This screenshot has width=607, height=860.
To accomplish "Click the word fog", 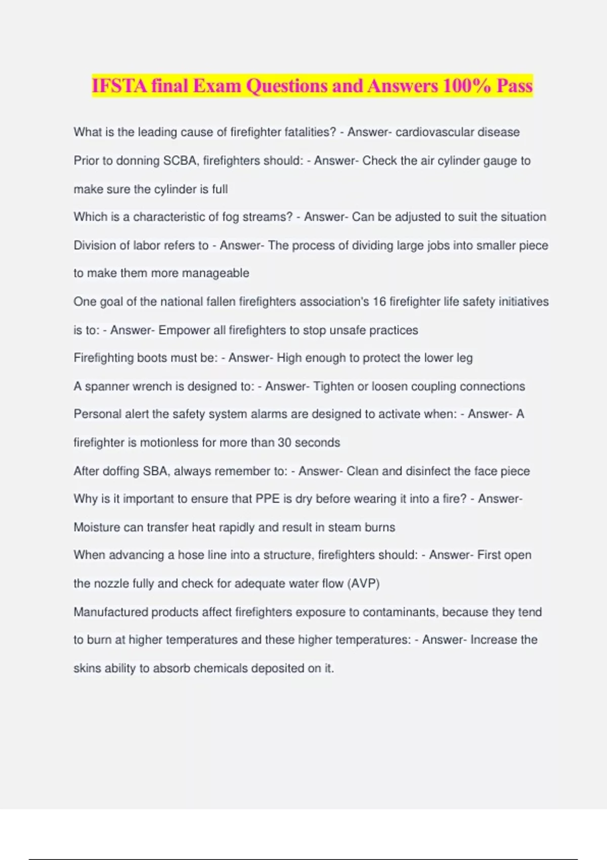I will pos(231,217).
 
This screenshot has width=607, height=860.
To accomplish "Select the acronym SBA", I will pos(156,471).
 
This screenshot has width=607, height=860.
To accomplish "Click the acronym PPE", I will pos(268,499).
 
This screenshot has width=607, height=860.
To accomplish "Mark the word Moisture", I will pos(97,527).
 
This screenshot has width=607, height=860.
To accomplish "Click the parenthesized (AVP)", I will pos(363,583).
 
